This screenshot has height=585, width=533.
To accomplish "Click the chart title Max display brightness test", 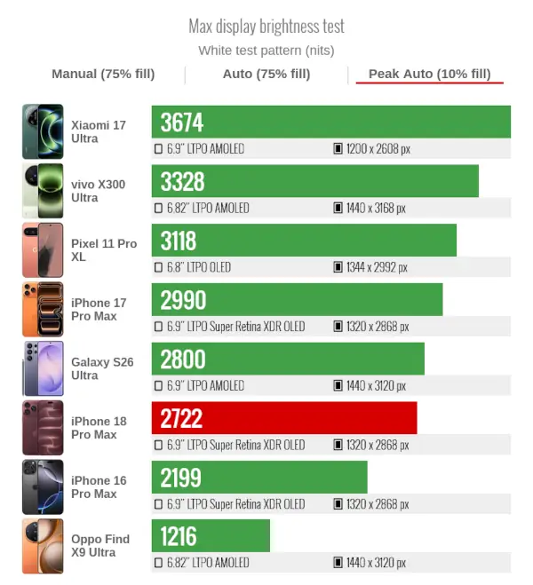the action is pos(266,27).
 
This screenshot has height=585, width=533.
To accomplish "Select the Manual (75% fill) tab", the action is pos(103,74).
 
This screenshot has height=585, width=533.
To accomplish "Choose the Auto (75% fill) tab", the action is pos(266,74).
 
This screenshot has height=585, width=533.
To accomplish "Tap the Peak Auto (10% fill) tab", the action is pos(430,74).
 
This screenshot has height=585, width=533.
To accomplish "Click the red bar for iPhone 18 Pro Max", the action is pos(284,418).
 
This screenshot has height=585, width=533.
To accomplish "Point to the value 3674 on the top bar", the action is pos(182,123).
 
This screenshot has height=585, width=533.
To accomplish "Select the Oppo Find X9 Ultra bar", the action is pos(211,535).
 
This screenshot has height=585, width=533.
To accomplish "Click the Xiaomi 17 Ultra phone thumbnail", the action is pos(43,131).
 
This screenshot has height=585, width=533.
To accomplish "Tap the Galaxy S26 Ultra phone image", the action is pos(43,368).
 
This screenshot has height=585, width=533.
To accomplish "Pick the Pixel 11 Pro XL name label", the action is pos(104,250).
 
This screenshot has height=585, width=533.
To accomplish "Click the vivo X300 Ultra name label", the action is pos(99,191).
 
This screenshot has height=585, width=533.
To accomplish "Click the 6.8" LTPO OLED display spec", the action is pos(199,267).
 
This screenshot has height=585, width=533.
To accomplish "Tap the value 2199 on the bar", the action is pos(180,478).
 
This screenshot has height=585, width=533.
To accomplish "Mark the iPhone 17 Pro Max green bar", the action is pos(297,299).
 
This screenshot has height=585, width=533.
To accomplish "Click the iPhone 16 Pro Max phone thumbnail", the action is pos(43,486).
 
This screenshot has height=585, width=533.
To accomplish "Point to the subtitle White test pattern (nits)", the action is pos(266,51).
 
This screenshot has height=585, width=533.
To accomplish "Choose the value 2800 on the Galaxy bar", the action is pos(183,359).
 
